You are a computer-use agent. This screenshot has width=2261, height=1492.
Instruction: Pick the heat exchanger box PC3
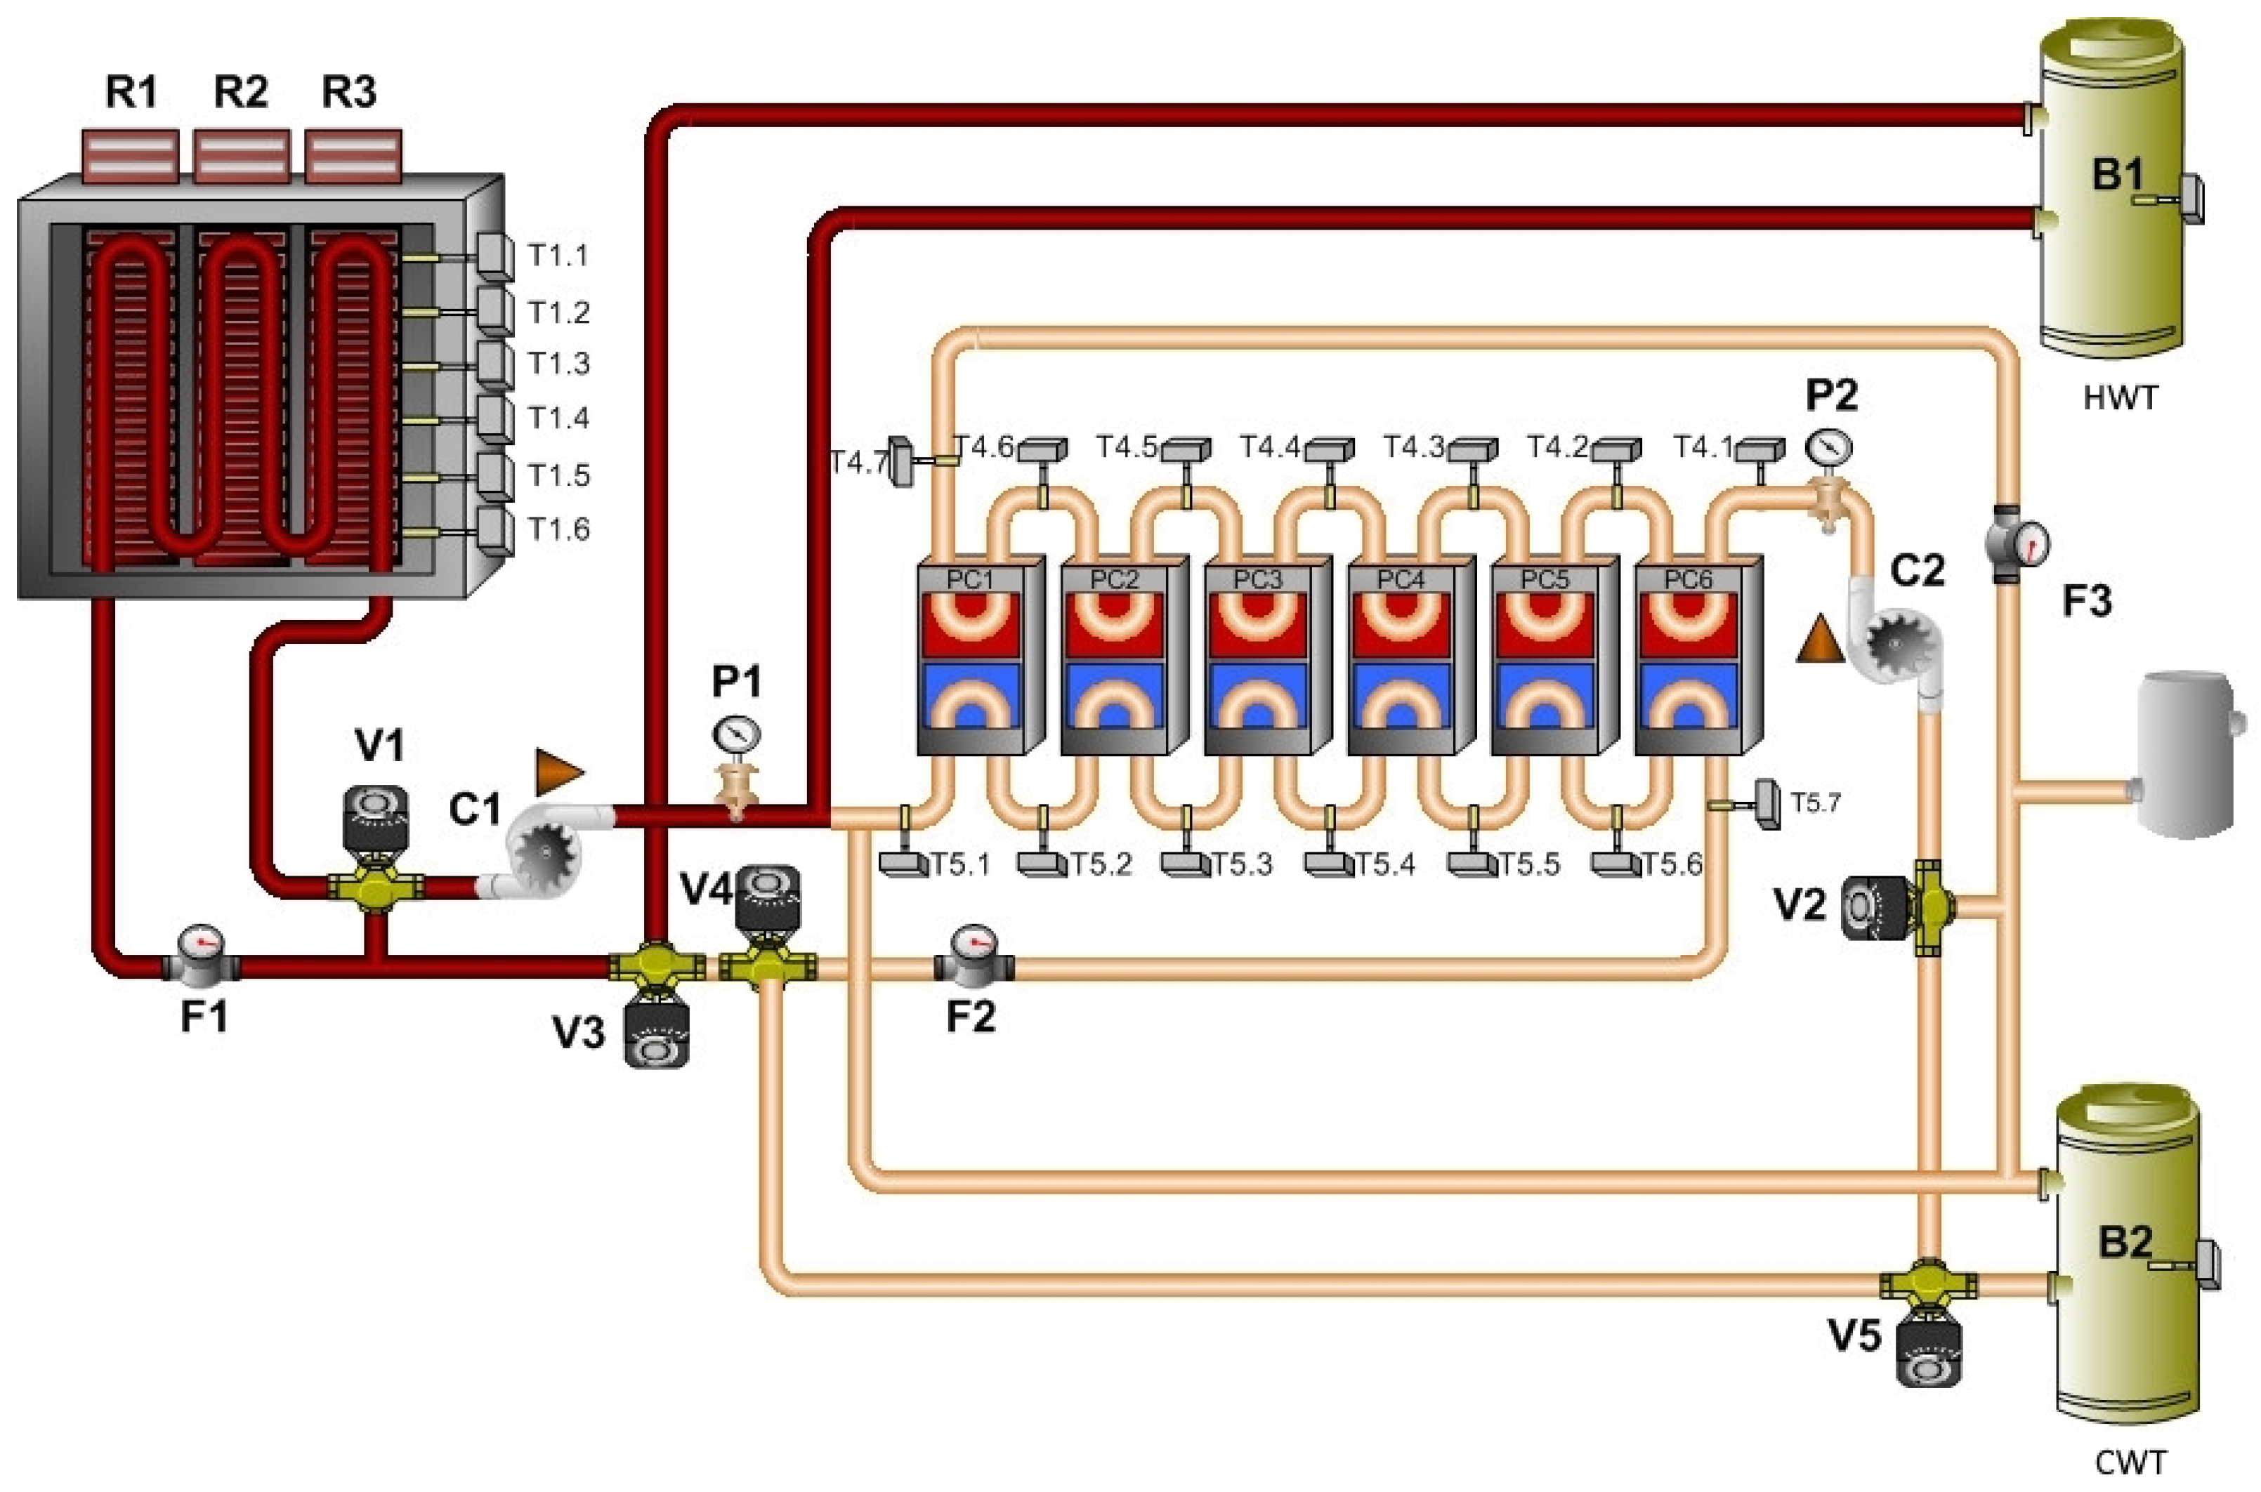point(1266,656)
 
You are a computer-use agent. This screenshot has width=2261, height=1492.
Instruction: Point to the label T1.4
point(558,418)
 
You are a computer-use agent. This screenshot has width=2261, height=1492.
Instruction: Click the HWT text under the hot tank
point(2120,397)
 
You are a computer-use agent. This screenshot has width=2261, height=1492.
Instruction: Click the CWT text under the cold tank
point(2130,1462)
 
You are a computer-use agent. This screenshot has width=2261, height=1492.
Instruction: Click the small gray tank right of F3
point(2186,753)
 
